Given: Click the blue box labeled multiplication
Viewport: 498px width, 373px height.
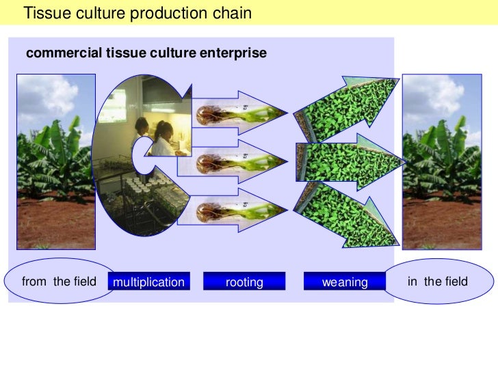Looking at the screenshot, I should pos(148,281).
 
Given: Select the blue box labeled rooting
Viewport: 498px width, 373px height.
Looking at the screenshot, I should pos(244,281).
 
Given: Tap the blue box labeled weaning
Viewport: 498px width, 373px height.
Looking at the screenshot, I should pos(345,281).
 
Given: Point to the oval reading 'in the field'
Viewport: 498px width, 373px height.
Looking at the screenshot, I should pos(438,281).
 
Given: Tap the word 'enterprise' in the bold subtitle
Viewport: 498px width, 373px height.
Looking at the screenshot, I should pos(232,53).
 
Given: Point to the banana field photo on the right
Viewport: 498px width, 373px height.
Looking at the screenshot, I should pos(442,161).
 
